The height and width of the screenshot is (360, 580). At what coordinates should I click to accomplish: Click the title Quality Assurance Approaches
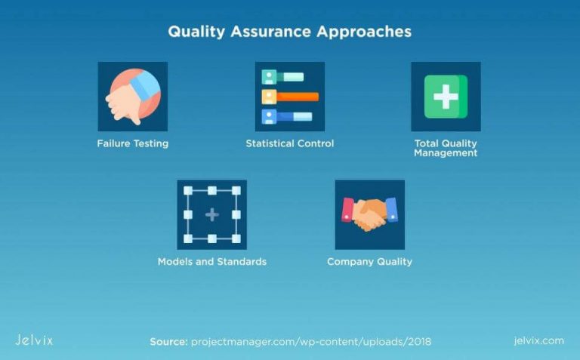click(x=289, y=32)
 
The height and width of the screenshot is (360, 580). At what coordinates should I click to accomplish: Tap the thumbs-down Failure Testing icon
click(x=133, y=97)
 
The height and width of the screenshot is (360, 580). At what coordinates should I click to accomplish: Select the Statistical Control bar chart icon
click(x=289, y=97)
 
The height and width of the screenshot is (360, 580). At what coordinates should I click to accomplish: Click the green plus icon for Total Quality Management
click(x=446, y=97)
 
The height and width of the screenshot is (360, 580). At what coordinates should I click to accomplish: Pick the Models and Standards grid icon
click(x=211, y=214)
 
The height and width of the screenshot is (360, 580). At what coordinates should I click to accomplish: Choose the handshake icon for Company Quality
click(x=369, y=214)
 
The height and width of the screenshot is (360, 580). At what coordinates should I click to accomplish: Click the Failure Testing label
click(x=133, y=143)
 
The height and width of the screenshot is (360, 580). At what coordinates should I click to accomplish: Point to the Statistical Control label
click(x=289, y=143)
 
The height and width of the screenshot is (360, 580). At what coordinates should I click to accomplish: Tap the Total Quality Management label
click(x=446, y=148)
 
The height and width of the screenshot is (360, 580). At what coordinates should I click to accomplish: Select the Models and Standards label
click(x=211, y=262)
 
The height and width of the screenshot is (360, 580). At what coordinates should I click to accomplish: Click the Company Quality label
click(x=369, y=262)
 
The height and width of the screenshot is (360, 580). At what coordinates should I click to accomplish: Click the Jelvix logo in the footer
click(x=34, y=340)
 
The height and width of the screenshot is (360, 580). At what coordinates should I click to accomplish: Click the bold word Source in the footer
click(x=168, y=342)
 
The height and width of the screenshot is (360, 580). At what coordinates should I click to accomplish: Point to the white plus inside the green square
click(x=446, y=97)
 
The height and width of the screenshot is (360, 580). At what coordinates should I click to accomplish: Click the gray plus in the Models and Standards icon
click(x=211, y=215)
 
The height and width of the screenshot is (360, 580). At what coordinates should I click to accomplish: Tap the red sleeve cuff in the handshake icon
click(x=348, y=209)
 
